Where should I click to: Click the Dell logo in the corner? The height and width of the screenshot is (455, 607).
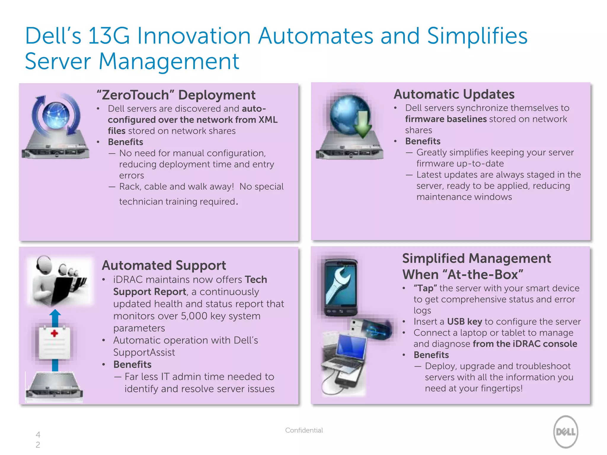[x=566, y=432]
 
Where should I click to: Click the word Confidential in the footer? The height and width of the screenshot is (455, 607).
[x=304, y=430]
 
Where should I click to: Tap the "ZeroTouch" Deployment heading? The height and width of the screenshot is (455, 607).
[x=176, y=95]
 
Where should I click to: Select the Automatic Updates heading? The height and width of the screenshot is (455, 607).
[x=454, y=94]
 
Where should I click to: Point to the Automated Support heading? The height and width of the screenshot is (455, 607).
[x=164, y=265]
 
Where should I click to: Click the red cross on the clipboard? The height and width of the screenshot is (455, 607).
[x=54, y=334]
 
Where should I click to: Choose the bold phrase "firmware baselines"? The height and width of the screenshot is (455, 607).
[x=446, y=119]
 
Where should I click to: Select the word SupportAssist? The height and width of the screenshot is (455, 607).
[x=144, y=353]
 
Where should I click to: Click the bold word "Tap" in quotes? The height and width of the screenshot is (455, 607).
[x=425, y=288]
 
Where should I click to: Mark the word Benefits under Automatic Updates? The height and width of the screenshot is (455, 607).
[x=423, y=141]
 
